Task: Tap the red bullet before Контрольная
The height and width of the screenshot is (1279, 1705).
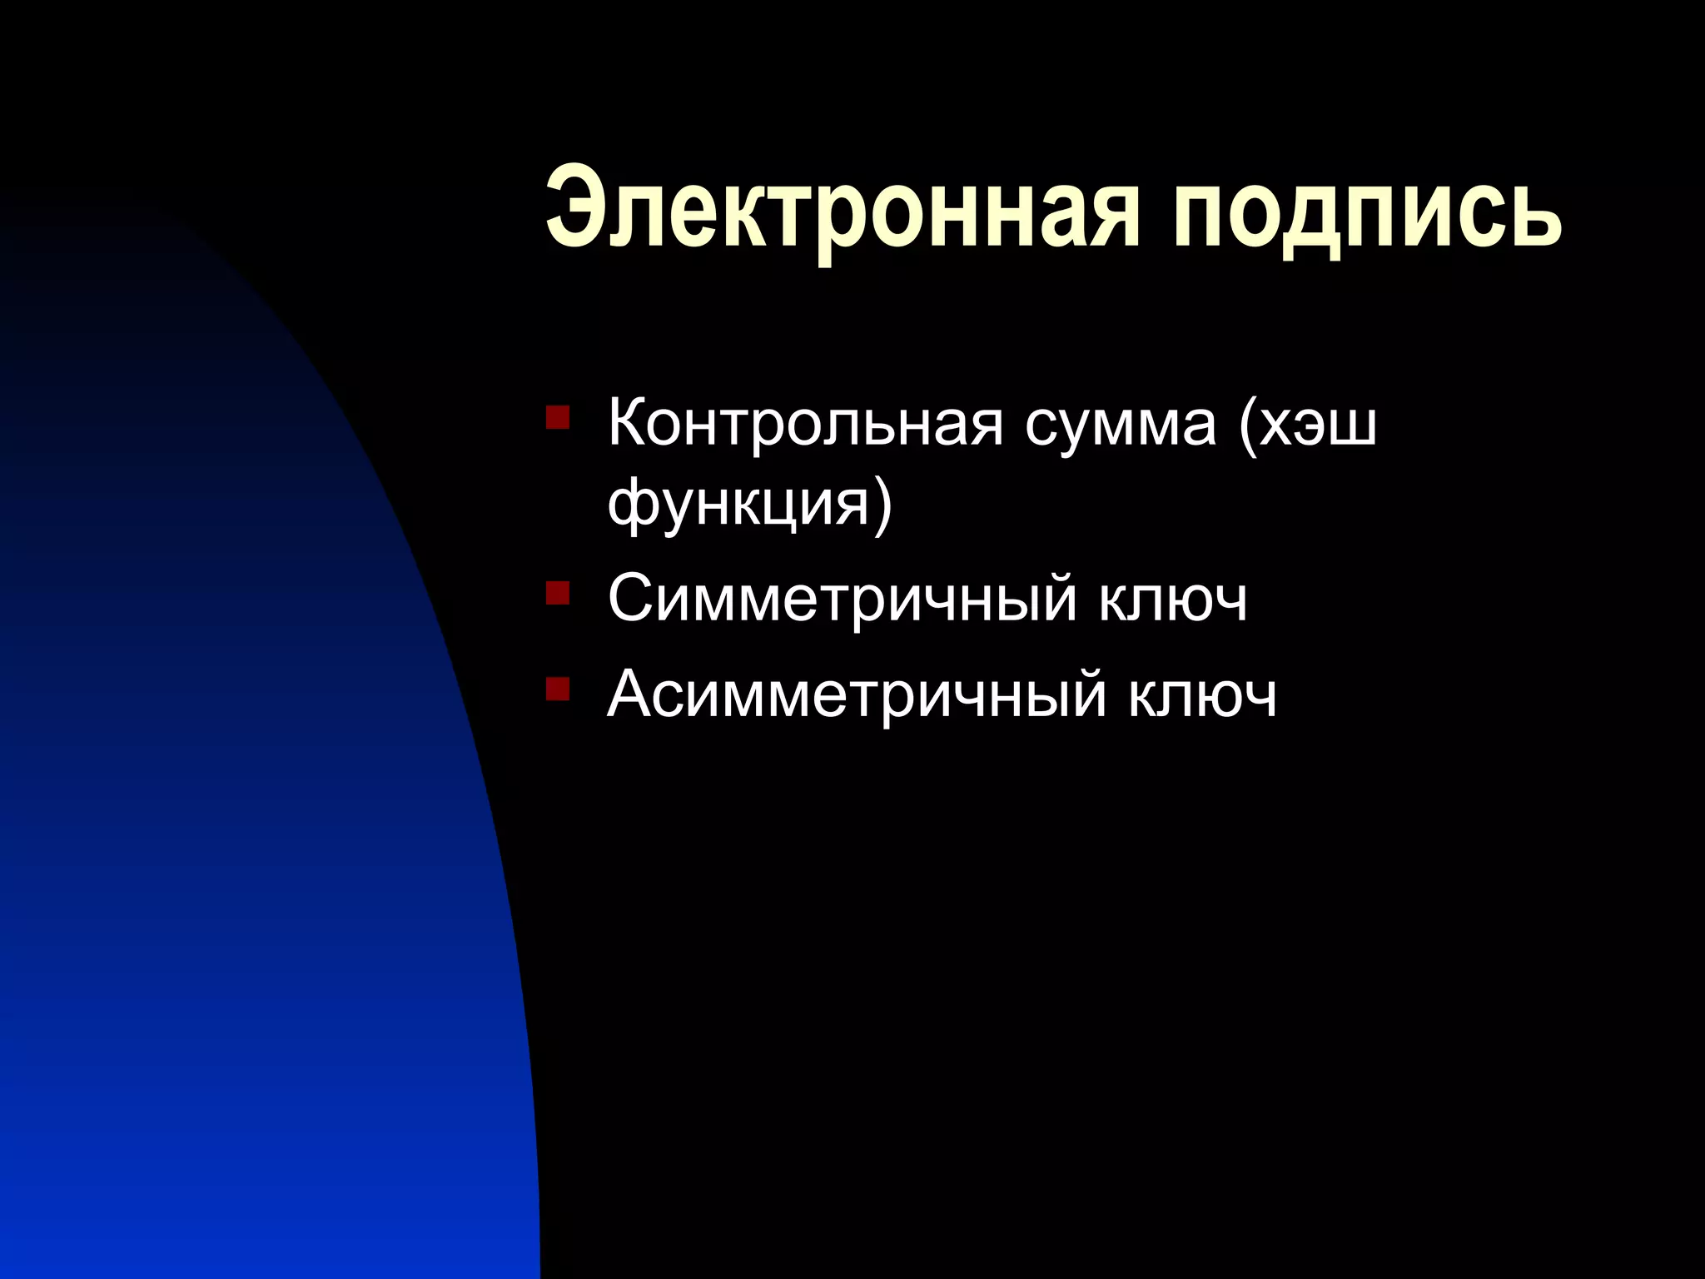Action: point(557,416)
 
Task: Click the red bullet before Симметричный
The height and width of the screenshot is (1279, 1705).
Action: point(557,593)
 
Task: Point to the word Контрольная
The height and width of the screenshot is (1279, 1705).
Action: point(804,423)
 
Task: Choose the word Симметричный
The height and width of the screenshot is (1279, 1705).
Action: point(842,598)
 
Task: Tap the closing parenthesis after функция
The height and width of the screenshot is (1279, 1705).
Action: point(882,504)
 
